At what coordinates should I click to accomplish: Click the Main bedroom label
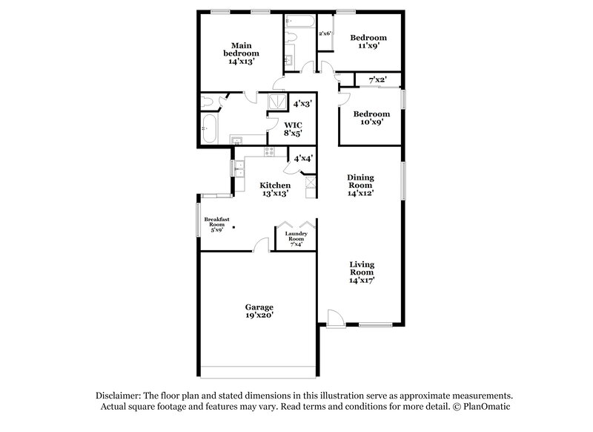[245, 53]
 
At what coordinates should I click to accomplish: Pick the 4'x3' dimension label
[302, 105]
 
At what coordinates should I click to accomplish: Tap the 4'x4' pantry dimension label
[302, 158]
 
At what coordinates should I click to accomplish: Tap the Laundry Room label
[296, 237]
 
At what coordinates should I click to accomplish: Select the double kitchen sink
[239, 170]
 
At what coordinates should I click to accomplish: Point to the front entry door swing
[335, 318]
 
